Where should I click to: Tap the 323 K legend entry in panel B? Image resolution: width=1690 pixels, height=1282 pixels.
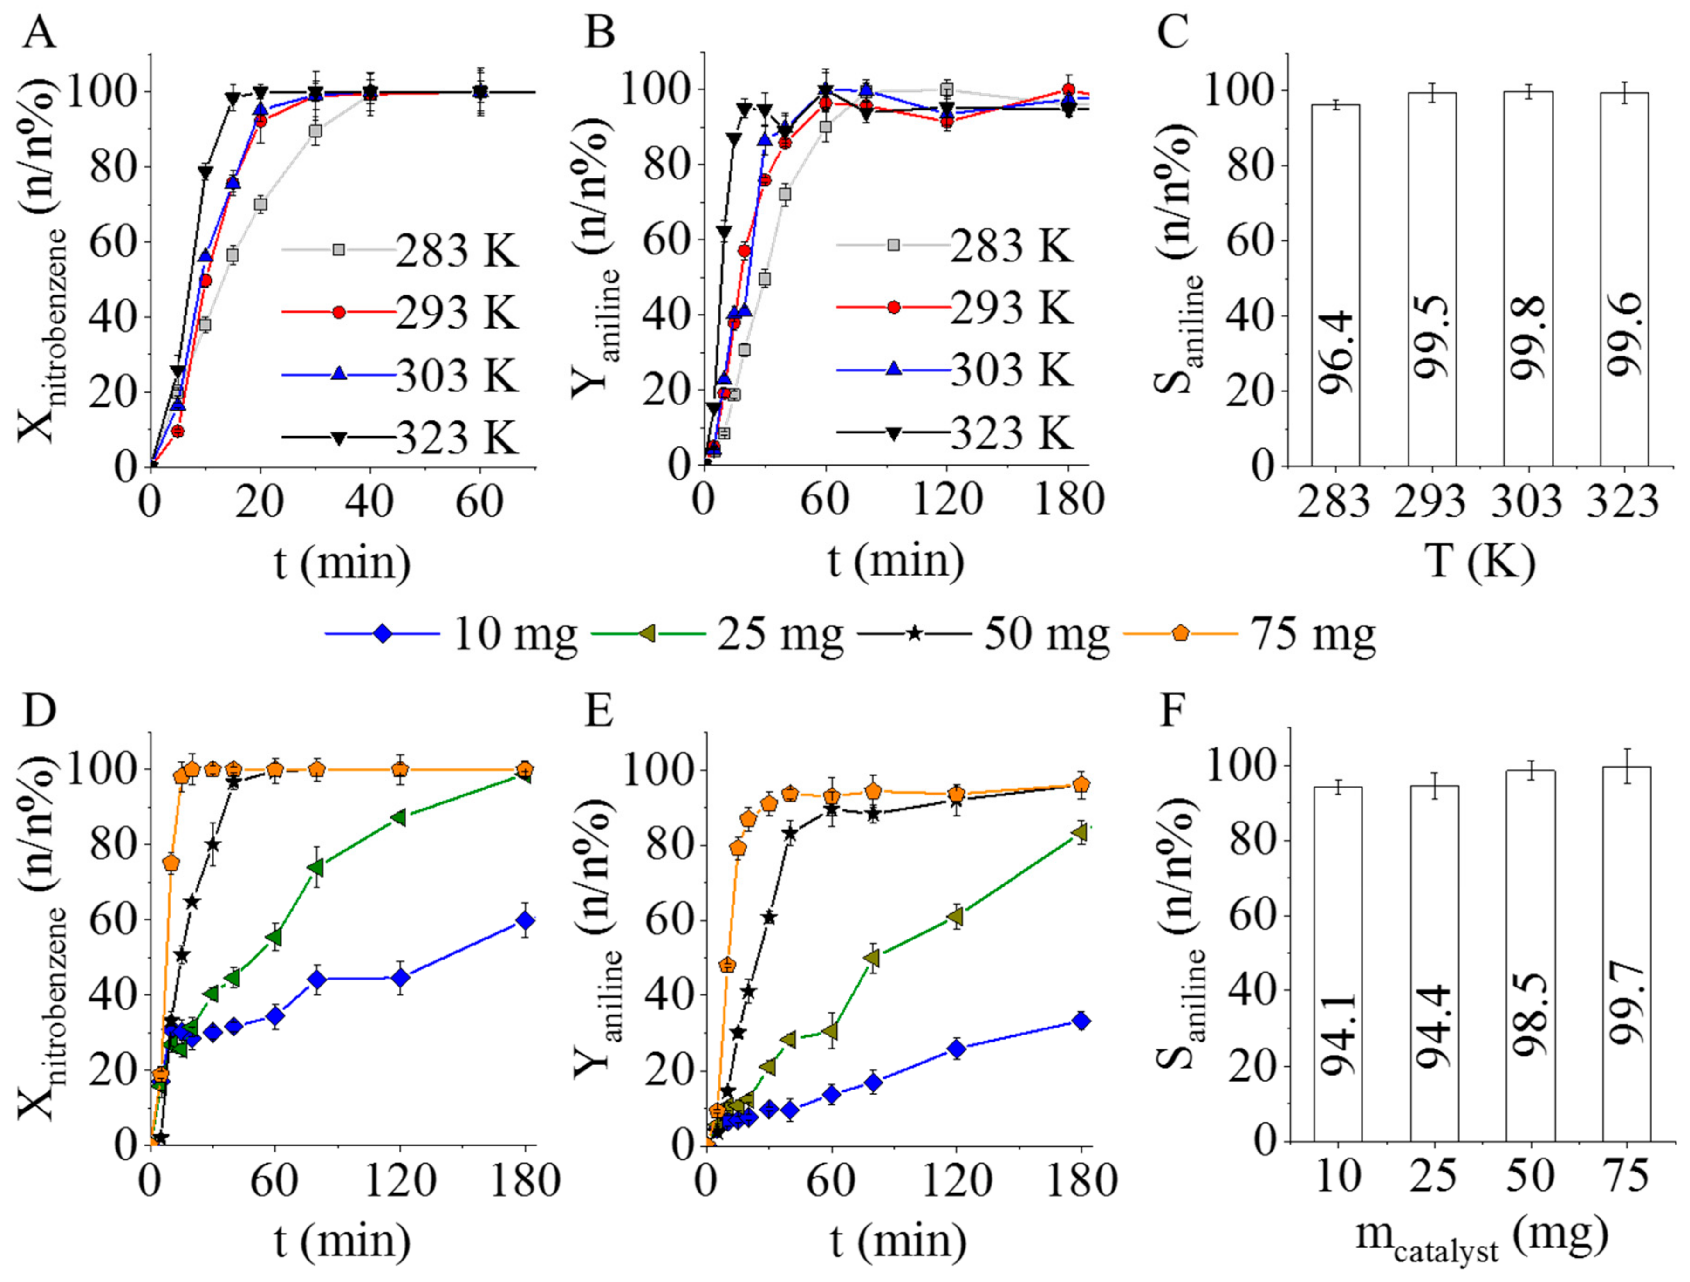[x=955, y=433]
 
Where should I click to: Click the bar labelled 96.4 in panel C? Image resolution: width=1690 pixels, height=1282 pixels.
[x=1335, y=285]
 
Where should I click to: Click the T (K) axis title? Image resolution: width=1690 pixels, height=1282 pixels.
[x=1479, y=563]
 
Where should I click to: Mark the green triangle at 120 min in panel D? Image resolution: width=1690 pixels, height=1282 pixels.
[x=398, y=817]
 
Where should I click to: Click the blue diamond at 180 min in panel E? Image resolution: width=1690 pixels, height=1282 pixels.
[x=1081, y=1021]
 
